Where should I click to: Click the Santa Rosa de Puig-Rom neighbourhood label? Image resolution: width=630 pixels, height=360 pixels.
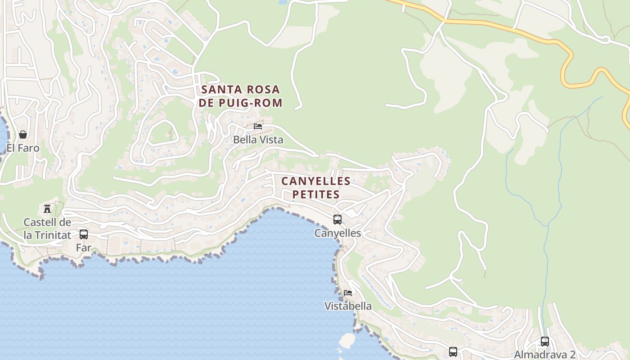[241, 96]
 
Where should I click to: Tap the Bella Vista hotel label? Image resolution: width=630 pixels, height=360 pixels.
[258, 140]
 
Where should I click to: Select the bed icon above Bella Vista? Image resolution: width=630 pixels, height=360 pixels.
[258, 126]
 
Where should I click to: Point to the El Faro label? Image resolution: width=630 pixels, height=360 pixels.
[23, 148]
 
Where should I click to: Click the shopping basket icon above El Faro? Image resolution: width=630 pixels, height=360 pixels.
[23, 135]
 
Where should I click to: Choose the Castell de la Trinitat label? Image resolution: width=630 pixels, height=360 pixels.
[47, 229]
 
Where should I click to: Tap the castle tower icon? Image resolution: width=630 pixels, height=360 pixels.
[47, 208]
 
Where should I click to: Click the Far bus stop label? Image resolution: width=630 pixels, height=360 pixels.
[84, 247]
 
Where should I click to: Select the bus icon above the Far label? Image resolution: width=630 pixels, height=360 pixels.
[84, 234]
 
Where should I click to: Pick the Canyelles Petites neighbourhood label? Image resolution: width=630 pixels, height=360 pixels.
[316, 188]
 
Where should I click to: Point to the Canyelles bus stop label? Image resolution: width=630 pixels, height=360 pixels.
[337, 233]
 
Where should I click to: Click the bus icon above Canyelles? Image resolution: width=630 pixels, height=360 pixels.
[337, 220]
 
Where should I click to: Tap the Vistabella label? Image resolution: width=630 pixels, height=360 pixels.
[348, 306]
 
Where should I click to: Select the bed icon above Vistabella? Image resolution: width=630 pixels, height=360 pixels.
[348, 293]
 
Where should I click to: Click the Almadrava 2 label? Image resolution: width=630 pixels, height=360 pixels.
[545, 354]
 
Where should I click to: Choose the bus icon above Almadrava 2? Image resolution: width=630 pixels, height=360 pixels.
[545, 342]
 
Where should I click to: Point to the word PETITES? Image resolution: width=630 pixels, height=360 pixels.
[316, 194]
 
